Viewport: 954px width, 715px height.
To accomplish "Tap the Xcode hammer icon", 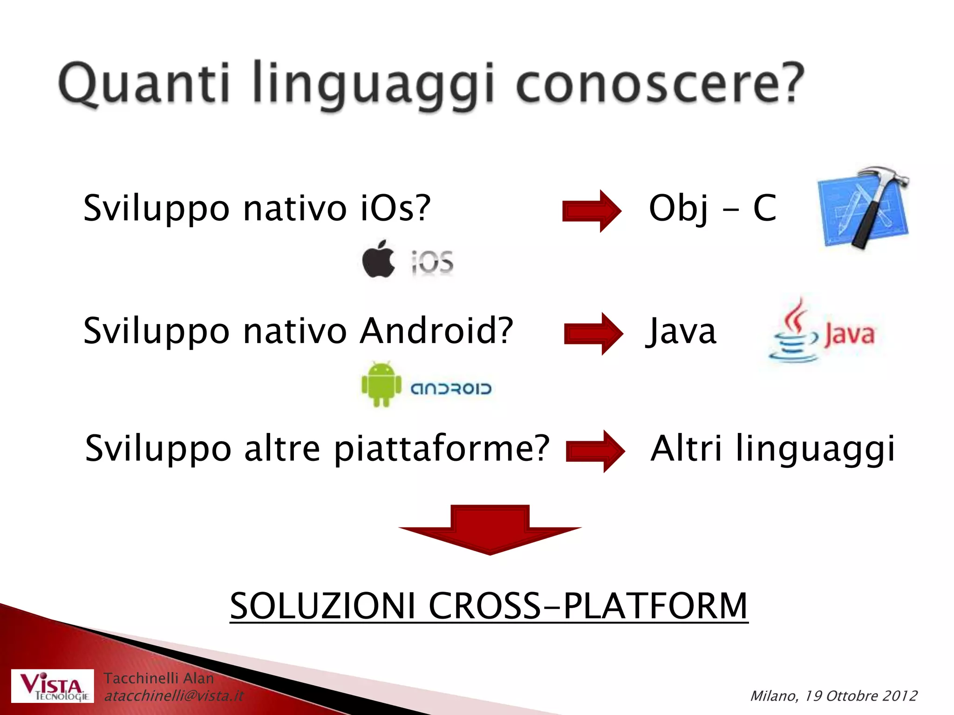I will [x=864, y=207].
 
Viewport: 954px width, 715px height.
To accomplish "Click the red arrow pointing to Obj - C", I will [x=592, y=211].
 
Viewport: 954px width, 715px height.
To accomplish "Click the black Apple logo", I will [x=378, y=260].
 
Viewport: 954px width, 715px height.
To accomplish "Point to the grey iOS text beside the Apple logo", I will [x=432, y=262].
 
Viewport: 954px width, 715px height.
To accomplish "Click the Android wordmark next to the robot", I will [x=450, y=389].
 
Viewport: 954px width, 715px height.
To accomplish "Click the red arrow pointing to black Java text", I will [x=593, y=333].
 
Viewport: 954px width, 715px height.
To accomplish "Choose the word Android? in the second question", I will [x=436, y=331].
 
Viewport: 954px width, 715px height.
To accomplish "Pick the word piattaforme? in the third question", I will [x=442, y=448].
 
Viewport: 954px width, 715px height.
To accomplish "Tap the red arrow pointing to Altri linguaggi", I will [x=595, y=451].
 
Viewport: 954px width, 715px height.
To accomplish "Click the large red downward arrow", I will [x=490, y=531].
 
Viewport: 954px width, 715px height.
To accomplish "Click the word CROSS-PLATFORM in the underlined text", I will [x=588, y=606].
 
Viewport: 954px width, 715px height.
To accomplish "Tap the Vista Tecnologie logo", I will [x=52, y=686].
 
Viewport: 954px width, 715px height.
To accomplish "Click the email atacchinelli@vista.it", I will [x=173, y=696].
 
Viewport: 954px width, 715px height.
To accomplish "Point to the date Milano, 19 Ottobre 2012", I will [x=833, y=696].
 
